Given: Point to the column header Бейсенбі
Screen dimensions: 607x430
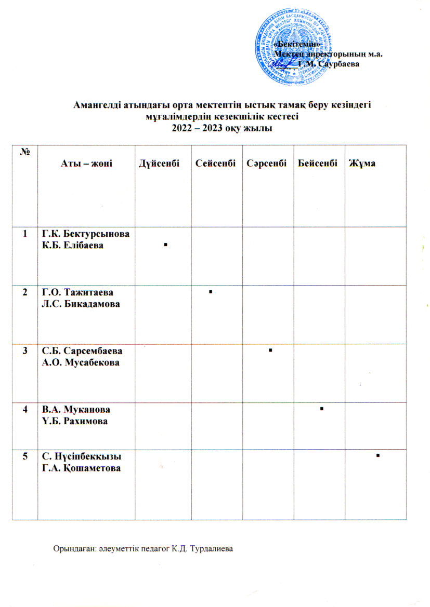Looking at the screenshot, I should click(318, 164).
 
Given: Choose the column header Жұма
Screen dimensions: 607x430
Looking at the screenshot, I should click(364, 164).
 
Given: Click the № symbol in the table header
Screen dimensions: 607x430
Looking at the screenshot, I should click(24, 151).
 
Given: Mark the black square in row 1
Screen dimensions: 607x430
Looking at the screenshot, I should click(164, 244).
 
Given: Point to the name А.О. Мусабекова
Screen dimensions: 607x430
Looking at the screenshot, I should click(81, 362).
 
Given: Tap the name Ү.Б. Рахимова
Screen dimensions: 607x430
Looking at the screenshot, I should click(75, 420).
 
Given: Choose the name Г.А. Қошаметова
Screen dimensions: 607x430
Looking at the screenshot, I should click(82, 468).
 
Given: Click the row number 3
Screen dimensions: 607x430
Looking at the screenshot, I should click(24, 351).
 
